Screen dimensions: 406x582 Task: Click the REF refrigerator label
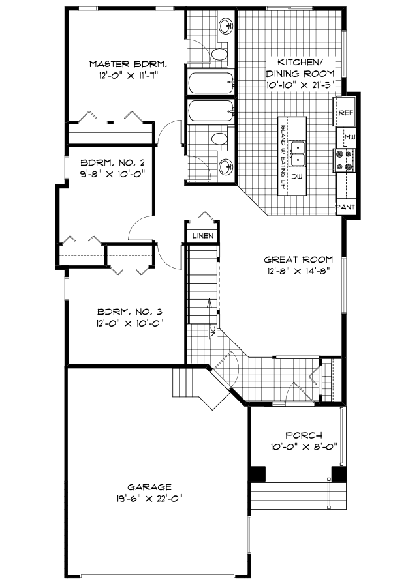click(x=346, y=113)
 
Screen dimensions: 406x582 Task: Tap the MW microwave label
click(x=350, y=138)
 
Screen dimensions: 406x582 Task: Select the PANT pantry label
click(x=346, y=207)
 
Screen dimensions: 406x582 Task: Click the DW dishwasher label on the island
click(x=296, y=177)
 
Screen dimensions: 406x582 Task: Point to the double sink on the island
click(x=298, y=154)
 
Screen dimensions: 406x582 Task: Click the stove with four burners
click(x=343, y=160)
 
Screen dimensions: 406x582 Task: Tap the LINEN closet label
click(x=202, y=236)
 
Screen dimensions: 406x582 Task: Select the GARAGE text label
click(x=149, y=487)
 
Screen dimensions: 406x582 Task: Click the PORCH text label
click(x=304, y=435)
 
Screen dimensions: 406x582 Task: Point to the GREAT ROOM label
click(x=298, y=259)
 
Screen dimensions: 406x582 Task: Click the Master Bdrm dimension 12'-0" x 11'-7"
click(x=129, y=76)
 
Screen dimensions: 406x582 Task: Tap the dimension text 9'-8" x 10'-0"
click(x=112, y=173)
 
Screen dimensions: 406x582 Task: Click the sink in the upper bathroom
click(x=226, y=26)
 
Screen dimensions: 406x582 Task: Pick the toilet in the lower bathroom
click(x=219, y=139)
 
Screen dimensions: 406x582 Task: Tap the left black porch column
click(x=257, y=473)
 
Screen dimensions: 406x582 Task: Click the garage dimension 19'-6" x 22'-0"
click(x=149, y=498)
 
